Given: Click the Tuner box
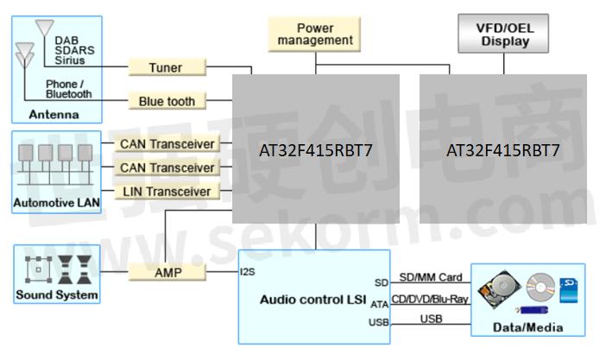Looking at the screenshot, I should tap(167, 67).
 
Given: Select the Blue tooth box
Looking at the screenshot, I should tap(167, 101).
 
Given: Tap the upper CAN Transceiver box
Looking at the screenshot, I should tap(167, 143).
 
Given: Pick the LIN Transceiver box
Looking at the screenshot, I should tap(167, 191).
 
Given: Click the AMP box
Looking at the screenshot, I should tap(167, 273).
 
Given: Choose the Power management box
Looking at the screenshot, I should tap(313, 35).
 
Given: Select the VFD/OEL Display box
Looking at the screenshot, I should tap(505, 35).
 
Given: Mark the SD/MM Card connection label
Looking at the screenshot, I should tap(431, 278).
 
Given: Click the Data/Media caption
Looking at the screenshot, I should tap(527, 327).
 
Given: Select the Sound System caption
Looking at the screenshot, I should tap(57, 295).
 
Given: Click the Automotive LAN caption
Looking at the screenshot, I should tap(56, 205).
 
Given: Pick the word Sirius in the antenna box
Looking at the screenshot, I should tap(70, 60).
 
